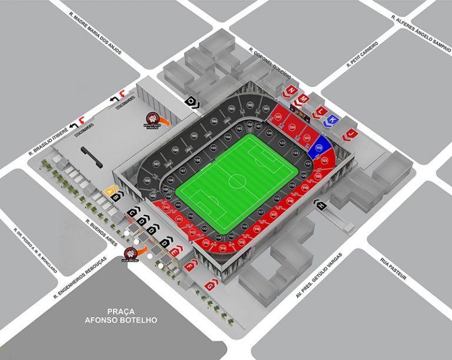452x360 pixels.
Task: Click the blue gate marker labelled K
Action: pos(333,119)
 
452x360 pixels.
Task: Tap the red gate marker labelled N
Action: pos(291,90)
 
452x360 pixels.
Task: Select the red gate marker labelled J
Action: pos(351,134)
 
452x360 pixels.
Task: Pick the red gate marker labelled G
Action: pos(210,285)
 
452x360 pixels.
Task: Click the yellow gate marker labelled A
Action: pos(109,191)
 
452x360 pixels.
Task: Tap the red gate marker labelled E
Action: pos(174,251)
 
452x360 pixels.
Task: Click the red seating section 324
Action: pos(293,126)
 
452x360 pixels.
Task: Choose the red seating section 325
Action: pos(278,118)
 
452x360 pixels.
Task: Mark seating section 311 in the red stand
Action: pos(178,219)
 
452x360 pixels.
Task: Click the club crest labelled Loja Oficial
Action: pos(128,254)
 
